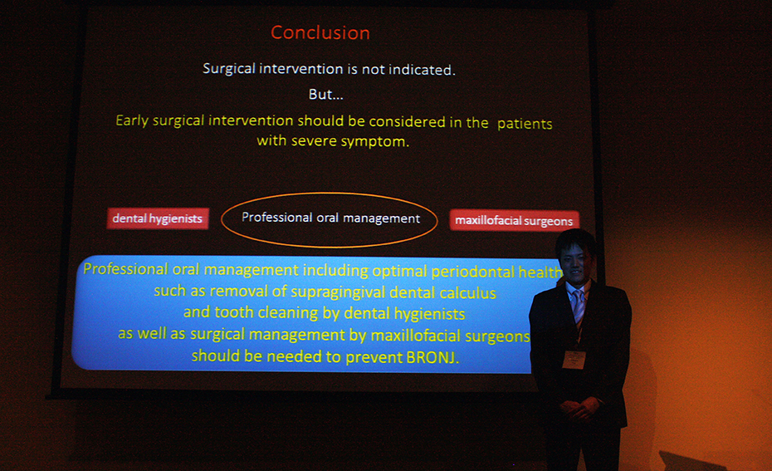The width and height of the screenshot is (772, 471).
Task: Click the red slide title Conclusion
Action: [320, 33]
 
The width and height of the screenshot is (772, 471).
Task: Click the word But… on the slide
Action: [326, 94]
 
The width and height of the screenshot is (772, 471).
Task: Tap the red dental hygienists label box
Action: [158, 218]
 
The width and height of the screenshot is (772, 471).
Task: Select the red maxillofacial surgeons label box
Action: [514, 220]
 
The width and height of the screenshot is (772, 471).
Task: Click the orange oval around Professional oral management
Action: [330, 193]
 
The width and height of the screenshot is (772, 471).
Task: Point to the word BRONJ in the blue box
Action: [432, 356]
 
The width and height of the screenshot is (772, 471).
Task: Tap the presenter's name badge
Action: [574, 359]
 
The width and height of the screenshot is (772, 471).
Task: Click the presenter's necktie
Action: [578, 306]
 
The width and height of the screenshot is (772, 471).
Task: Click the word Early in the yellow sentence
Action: [132, 120]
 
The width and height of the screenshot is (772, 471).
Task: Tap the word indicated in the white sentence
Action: [422, 70]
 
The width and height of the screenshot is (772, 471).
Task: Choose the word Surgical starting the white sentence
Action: [229, 68]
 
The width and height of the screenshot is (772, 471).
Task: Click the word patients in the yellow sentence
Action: [525, 124]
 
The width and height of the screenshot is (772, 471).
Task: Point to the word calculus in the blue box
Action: [467, 293]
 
